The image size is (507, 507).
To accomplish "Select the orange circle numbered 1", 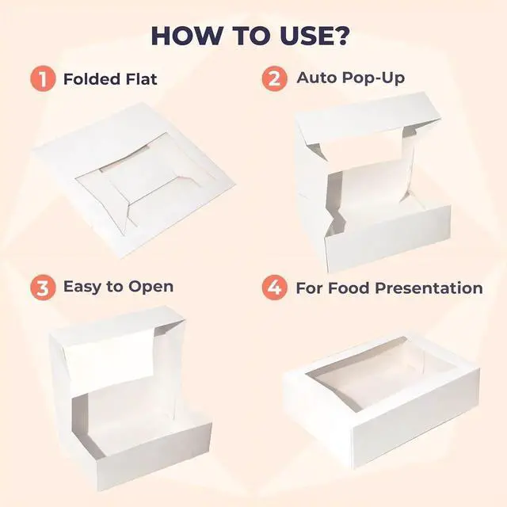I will (x=42, y=78).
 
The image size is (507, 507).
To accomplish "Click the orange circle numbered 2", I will (x=275, y=78).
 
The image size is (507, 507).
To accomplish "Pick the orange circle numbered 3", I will (x=42, y=288).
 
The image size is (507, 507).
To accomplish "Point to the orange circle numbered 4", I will (x=275, y=288).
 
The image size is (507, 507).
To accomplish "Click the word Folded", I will (x=90, y=79).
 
